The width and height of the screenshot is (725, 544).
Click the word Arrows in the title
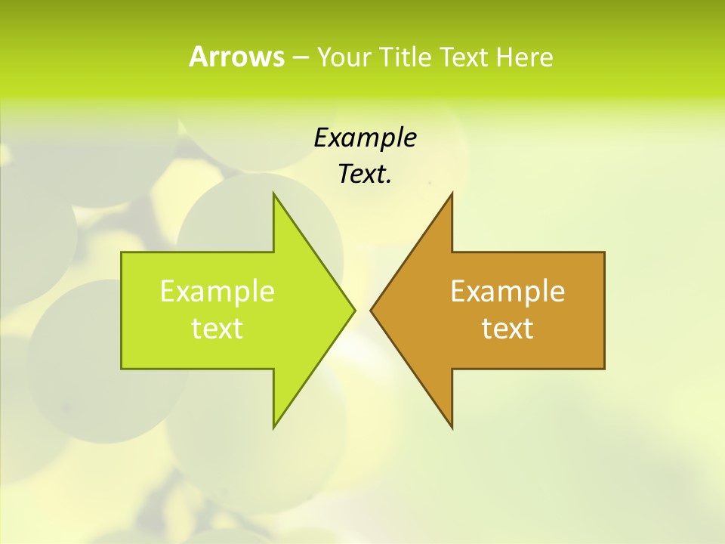coord(236,57)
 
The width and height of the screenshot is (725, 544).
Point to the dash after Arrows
coord(300,57)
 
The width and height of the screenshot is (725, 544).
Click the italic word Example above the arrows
coord(365,138)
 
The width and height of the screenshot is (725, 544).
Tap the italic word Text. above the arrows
coord(365,175)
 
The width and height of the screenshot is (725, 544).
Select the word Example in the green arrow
coord(217,292)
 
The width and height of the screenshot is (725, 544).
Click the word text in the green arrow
coord(217,329)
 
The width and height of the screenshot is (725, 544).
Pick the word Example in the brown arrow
coord(507,292)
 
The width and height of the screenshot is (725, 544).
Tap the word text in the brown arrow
coord(507,329)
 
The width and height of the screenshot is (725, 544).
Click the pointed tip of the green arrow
coord(354,310)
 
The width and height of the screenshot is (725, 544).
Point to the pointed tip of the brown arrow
coord(371,310)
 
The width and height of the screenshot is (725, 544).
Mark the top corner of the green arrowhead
coord(273,193)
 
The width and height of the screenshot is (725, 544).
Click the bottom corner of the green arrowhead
coord(273,427)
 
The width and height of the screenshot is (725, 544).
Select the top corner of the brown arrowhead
coord(452,193)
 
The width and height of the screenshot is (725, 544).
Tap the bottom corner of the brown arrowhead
coord(452,427)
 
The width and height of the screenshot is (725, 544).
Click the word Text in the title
coord(462,57)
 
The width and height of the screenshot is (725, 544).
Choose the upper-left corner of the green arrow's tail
coord(122,253)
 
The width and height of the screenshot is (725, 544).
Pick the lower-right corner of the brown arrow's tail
coord(603,368)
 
